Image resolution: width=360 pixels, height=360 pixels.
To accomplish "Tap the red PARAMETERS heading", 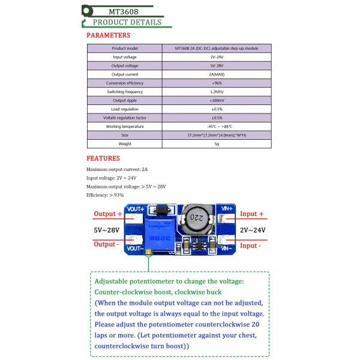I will [108, 35].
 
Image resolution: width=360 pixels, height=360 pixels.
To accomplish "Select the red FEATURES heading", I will [103, 158].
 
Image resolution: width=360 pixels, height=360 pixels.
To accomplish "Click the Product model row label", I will [125, 48].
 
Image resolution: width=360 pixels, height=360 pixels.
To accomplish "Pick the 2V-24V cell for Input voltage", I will [216, 56].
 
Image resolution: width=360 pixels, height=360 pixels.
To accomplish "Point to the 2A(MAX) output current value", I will [216, 74].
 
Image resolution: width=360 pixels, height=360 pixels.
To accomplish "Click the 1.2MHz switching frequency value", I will [217, 91].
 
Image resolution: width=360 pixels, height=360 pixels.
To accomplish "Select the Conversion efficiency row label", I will [125, 83].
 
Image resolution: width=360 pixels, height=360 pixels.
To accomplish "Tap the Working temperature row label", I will [125, 127].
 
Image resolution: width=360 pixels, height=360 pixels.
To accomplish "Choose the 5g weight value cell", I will [217, 144].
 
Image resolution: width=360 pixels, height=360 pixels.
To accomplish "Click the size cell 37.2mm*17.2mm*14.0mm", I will [217, 136].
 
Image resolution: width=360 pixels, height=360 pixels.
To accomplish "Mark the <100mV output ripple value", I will [217, 100].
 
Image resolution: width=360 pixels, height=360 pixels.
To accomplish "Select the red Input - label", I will [250, 245].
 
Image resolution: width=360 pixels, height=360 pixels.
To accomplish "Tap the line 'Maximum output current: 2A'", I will [117, 170].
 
